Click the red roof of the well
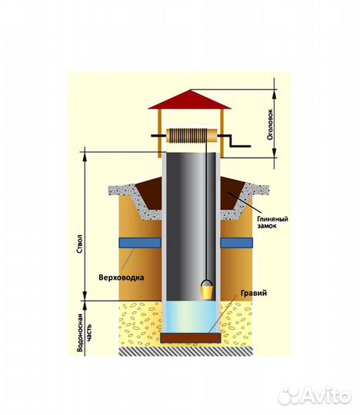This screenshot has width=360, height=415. click(190, 100)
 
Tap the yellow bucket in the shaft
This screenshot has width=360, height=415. click(207, 292)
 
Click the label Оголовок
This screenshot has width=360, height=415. click(270, 124)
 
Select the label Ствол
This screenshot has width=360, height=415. click(81, 244)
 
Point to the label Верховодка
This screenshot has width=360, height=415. click(122, 277)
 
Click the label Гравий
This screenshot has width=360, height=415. click(254, 293)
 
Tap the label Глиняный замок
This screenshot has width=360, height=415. click(272, 222)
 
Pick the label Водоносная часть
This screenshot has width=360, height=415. click(85, 333)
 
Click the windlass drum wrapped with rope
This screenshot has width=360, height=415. click(192, 136)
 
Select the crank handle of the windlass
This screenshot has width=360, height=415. click(234, 141)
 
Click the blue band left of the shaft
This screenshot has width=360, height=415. click(140, 243)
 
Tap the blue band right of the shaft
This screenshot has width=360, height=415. click(237, 243)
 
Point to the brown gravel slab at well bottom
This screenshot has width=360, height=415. click(191, 337)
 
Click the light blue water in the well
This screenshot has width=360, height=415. click(191, 317)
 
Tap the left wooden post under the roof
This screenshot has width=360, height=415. click(159, 133)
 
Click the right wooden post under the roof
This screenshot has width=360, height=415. click(222, 133)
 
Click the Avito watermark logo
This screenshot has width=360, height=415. click(315, 397)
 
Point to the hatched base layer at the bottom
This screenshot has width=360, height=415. click(185, 351)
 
